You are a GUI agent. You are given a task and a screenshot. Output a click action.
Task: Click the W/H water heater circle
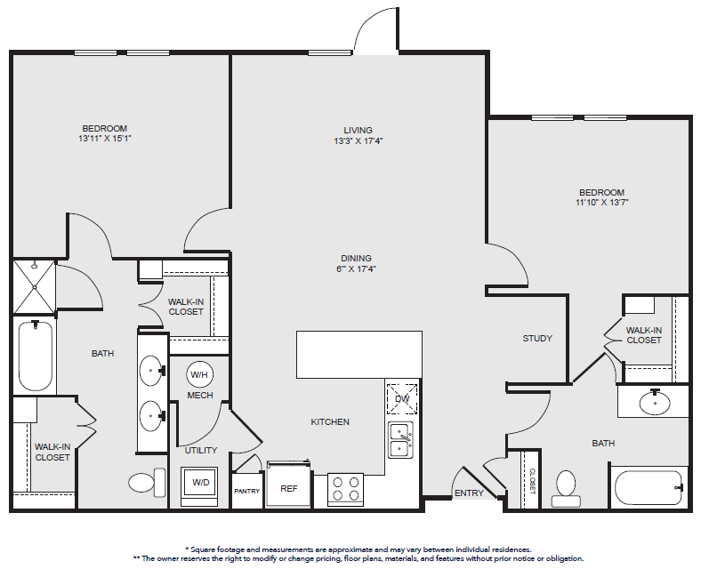(x=199, y=374)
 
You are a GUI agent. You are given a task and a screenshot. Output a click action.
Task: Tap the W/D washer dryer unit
(x=200, y=485)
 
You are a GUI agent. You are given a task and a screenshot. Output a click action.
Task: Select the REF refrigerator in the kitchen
(x=288, y=484)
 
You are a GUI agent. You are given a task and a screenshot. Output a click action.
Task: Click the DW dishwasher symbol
(x=401, y=398)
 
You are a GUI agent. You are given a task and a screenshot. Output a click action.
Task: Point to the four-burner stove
(x=345, y=490)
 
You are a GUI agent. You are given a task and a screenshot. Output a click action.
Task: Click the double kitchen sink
(x=401, y=441)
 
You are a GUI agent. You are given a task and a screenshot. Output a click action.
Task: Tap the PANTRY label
(x=247, y=492)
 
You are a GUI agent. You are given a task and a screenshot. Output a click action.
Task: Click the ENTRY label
(x=469, y=493)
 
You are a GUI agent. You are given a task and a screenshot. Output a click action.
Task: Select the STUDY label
(x=537, y=338)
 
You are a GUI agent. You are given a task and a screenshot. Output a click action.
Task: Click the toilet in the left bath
(x=148, y=482)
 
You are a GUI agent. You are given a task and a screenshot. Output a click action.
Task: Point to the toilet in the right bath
(x=566, y=489)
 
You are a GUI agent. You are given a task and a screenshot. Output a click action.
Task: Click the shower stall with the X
(x=35, y=287)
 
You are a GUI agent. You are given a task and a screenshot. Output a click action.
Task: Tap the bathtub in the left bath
(x=36, y=356)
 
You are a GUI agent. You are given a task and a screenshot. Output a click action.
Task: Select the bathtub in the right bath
(x=649, y=487)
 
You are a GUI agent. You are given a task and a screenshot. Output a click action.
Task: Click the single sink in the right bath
(x=654, y=402)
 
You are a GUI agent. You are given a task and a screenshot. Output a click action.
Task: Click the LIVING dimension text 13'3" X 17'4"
(x=359, y=141)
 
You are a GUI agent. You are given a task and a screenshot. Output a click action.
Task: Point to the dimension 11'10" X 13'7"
(x=601, y=203)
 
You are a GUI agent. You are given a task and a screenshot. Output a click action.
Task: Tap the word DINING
(x=357, y=259)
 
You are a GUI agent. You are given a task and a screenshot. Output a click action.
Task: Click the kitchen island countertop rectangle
(x=359, y=355)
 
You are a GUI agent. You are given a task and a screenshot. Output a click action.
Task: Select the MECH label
(x=200, y=396)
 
